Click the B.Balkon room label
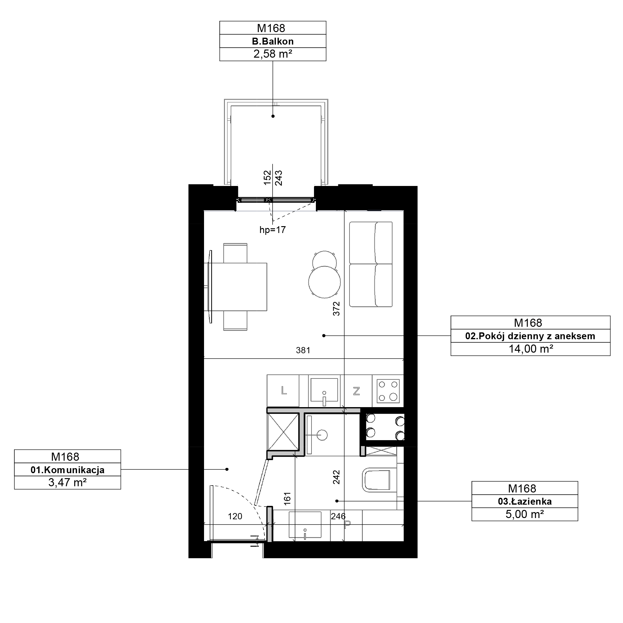[x=273, y=41]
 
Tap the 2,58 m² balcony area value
[x=273, y=54]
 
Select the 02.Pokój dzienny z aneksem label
[x=530, y=336]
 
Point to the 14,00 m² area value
[x=531, y=349]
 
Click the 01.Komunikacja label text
[x=67, y=470]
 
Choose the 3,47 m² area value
[x=67, y=483]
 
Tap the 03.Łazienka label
[x=525, y=502]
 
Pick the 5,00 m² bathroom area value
[x=525, y=514]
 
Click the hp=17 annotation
[x=273, y=230]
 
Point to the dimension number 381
[x=303, y=350]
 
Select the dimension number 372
[x=336, y=308]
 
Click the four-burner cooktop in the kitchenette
[x=388, y=391]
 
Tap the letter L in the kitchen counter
[x=284, y=391]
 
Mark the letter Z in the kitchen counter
[x=356, y=391]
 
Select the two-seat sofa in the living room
[x=371, y=264]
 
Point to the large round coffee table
[x=324, y=282]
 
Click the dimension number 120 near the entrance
[x=235, y=516]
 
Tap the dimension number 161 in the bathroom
[x=287, y=498]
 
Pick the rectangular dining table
[x=235, y=287]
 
